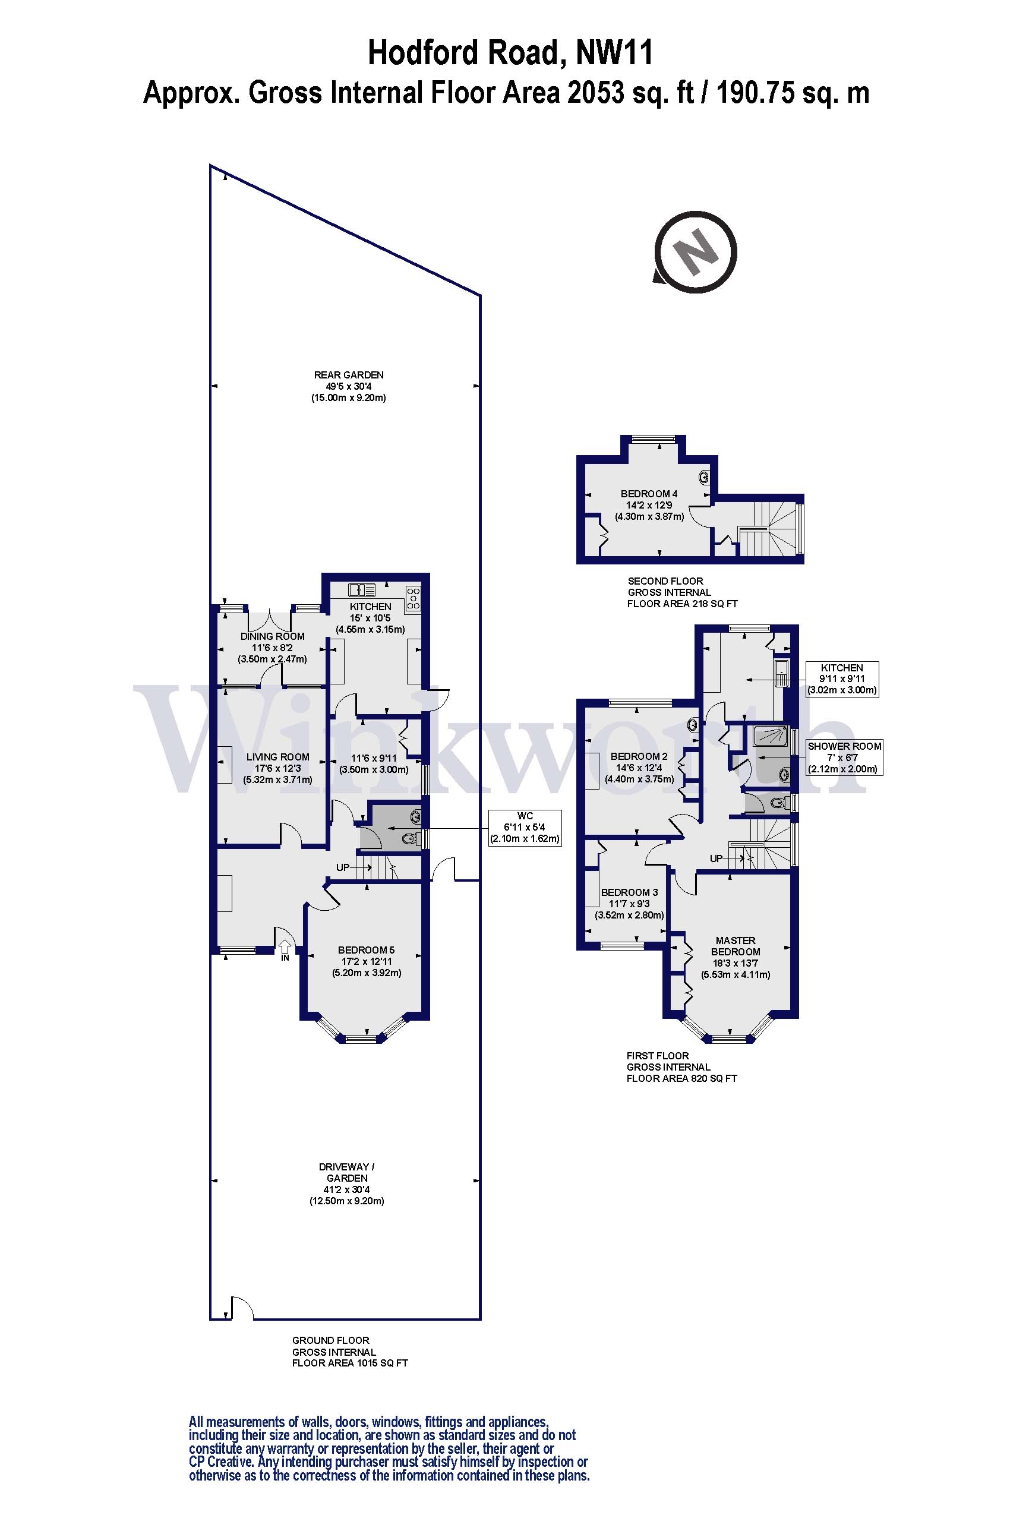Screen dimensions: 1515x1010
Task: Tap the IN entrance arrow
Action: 285,947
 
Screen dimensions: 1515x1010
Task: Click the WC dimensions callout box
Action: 525,828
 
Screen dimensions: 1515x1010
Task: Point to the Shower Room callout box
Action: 844,757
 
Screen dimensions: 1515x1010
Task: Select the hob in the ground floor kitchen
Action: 413,598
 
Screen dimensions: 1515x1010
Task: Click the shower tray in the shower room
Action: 771,735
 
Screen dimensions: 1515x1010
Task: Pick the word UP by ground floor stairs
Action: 343,867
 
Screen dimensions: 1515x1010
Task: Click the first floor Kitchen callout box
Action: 842,679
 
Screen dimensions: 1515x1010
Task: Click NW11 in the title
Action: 614,53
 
